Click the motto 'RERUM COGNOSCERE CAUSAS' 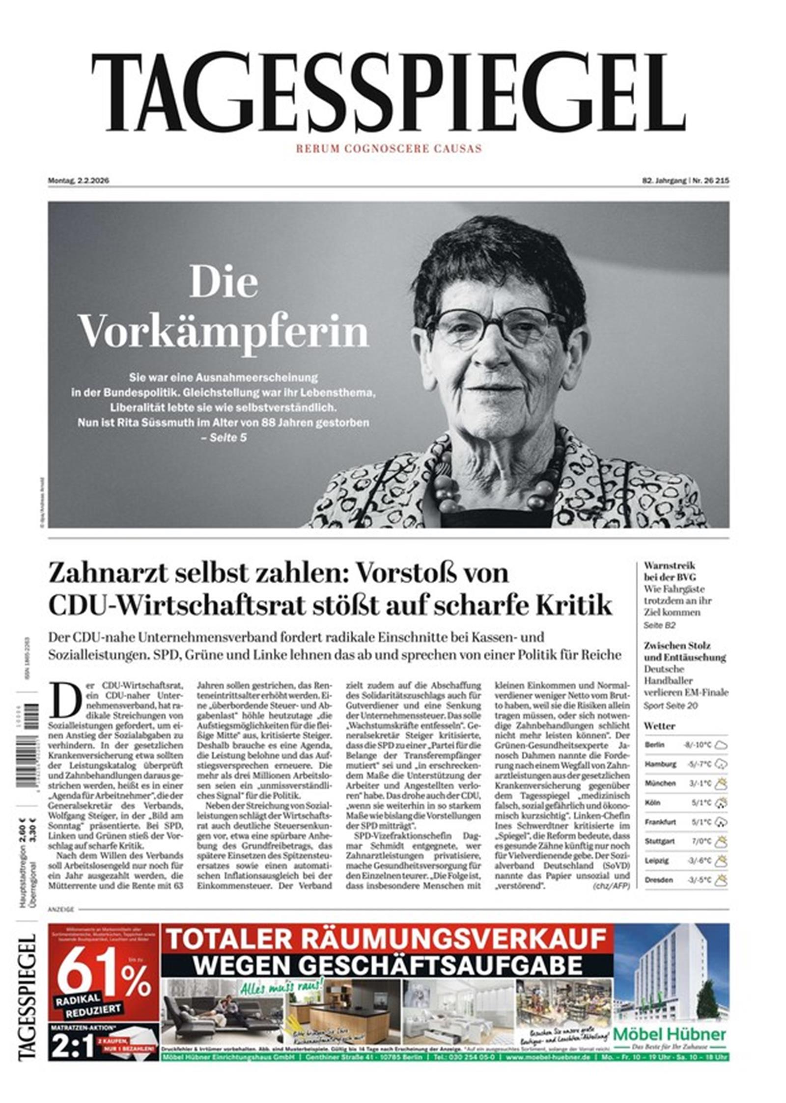coord(388,148)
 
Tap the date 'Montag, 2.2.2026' coord(78,180)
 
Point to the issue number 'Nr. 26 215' coord(710,180)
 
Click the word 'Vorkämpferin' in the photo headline coord(224,332)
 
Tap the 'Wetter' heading coord(659,726)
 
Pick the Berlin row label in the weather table coord(654,745)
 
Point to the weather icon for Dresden coord(721,880)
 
